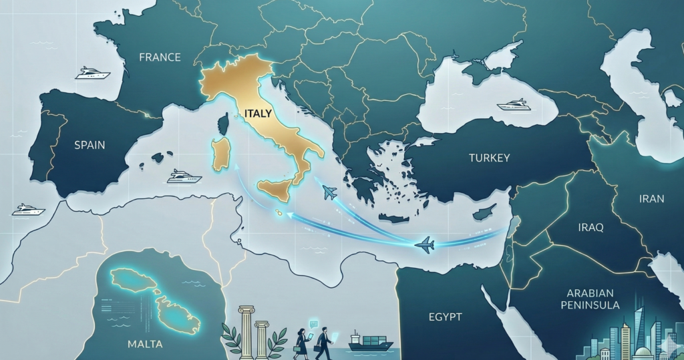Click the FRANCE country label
(x=160, y=57)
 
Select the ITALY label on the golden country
(x=258, y=114)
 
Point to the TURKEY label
(x=489, y=158)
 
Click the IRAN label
(x=651, y=198)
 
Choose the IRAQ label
(x=590, y=228)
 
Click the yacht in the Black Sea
(x=514, y=105)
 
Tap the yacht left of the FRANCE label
(x=92, y=73)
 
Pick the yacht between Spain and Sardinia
(x=184, y=176)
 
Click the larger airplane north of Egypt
(x=424, y=245)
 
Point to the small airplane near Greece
(x=329, y=193)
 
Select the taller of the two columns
(x=246, y=330)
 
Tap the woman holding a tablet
(x=301, y=341)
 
